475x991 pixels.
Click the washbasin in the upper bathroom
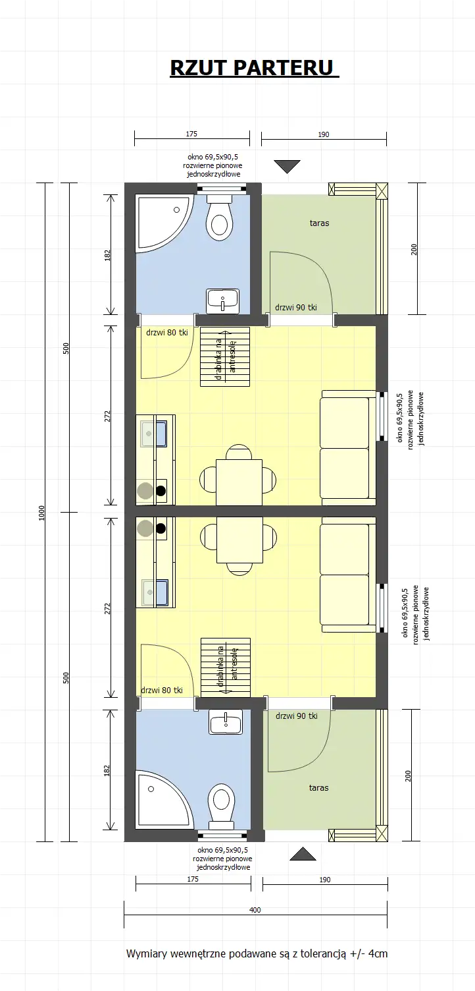pyautogui.click(x=223, y=301)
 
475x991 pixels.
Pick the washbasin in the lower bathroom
pyautogui.click(x=226, y=722)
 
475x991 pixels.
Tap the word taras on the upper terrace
pyautogui.click(x=319, y=223)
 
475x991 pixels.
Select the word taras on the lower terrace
pyautogui.click(x=318, y=788)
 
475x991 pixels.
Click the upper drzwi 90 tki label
pyautogui.click(x=296, y=307)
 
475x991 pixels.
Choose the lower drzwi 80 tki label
pyautogui.click(x=161, y=690)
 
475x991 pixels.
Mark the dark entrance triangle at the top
pyautogui.click(x=287, y=167)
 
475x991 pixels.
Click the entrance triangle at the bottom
pyautogui.click(x=303, y=854)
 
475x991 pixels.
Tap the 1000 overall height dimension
pyautogui.click(x=41, y=512)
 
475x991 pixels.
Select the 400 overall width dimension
pyautogui.click(x=255, y=910)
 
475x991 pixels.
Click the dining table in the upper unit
pyautogui.click(x=239, y=481)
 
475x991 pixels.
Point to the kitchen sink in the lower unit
pyautogui.click(x=156, y=592)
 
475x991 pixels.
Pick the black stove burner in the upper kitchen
pyautogui.click(x=161, y=490)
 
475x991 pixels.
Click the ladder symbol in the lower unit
pyautogui.click(x=225, y=666)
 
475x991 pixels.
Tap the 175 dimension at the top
pyautogui.click(x=191, y=134)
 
